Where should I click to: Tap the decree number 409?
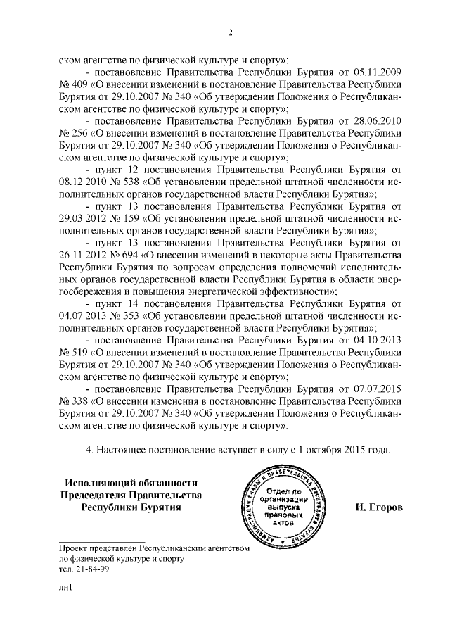pyautogui.click(x=79, y=85)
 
